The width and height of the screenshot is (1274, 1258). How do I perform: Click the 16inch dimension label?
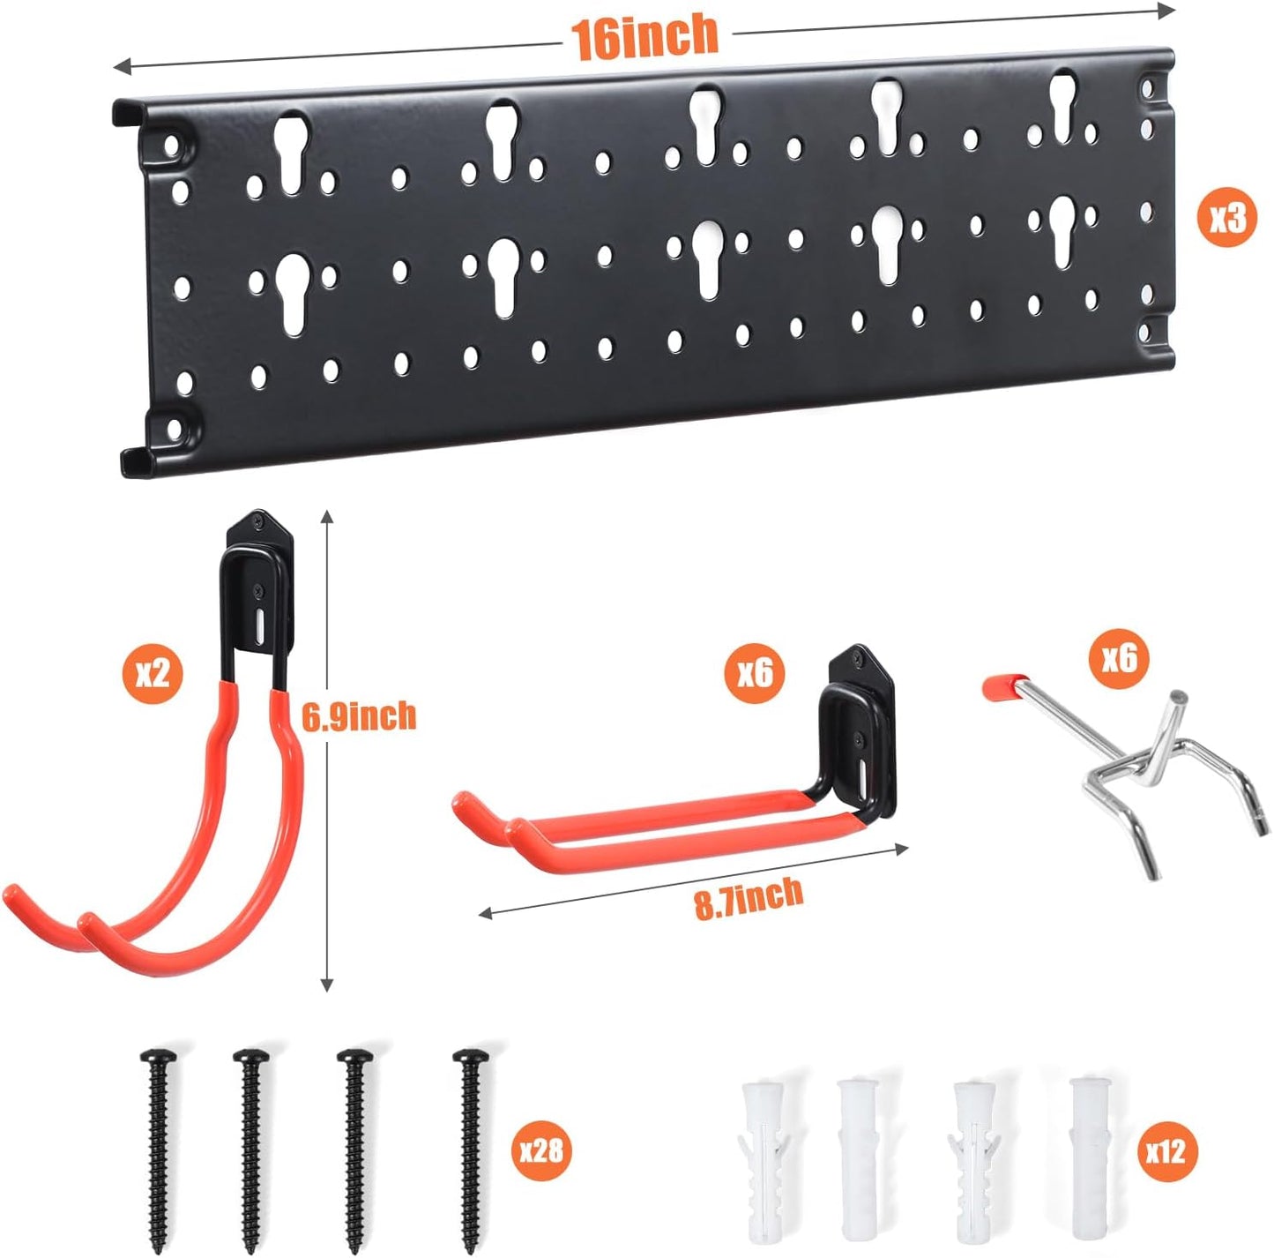(x=644, y=38)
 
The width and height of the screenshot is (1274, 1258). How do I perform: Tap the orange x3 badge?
(x=1227, y=216)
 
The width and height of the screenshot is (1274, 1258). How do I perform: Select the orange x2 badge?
(x=152, y=675)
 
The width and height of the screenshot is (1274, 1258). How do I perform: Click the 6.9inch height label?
(x=359, y=716)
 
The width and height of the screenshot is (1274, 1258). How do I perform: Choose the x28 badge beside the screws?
(x=540, y=1150)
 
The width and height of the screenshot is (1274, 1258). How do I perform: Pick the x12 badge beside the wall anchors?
(x=1166, y=1150)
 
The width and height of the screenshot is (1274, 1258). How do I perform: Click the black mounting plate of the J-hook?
(x=259, y=582)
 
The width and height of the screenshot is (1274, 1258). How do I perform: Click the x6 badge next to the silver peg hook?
(x=1119, y=657)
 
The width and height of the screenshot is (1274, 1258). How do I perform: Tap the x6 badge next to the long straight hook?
(x=755, y=674)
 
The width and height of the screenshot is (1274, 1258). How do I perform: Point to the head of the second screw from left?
(x=251, y=1056)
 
